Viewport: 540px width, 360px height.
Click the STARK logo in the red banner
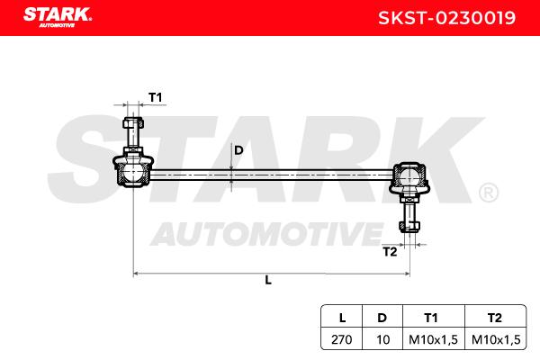pos(58,17)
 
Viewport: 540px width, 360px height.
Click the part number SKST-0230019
pos(446,18)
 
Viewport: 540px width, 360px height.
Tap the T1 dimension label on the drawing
pos(156,97)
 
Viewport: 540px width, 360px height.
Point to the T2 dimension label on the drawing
pos(390,252)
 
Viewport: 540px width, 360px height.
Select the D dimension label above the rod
pos(238,150)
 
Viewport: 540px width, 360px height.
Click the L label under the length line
pos(268,280)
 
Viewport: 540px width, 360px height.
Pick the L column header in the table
pos(342,318)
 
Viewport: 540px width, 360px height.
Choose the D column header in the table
pos(382,318)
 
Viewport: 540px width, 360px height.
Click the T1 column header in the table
pos(431,318)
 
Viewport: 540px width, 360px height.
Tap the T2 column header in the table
pos(494,318)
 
